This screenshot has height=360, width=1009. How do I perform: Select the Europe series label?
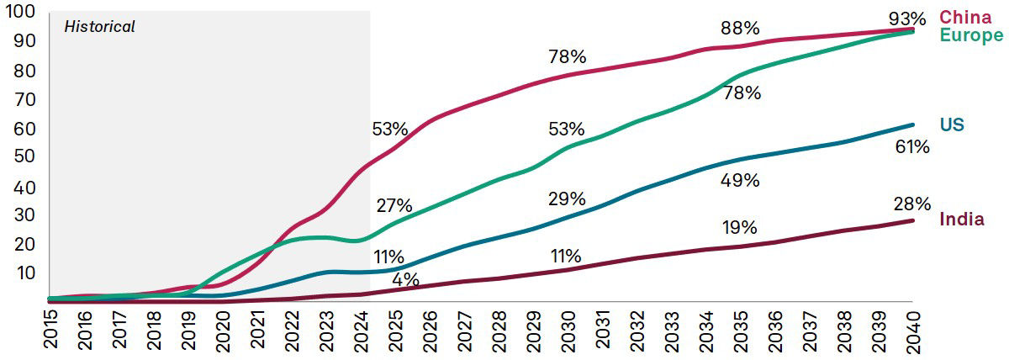pyautogui.click(x=971, y=35)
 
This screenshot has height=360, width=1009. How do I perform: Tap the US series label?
pyautogui.click(x=952, y=125)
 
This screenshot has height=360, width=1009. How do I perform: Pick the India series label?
pyautogui.click(x=962, y=219)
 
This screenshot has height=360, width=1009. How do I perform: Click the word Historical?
pyautogui.click(x=99, y=27)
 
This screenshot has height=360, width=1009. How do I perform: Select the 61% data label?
pyautogui.click(x=911, y=147)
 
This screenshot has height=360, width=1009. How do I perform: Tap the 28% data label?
pyautogui.click(x=911, y=204)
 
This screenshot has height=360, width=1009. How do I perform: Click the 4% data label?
pyautogui.click(x=406, y=280)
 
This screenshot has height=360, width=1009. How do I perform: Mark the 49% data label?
pyautogui.click(x=740, y=180)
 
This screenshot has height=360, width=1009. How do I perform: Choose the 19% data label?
pyautogui.click(x=740, y=228)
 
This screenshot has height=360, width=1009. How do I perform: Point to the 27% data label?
pyautogui.click(x=394, y=206)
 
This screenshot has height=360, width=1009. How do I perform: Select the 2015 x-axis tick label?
pyautogui.click(x=50, y=331)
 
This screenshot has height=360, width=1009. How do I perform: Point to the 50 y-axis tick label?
pyautogui.click(x=23, y=156)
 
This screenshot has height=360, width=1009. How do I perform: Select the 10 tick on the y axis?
pyautogui.click(x=23, y=273)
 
